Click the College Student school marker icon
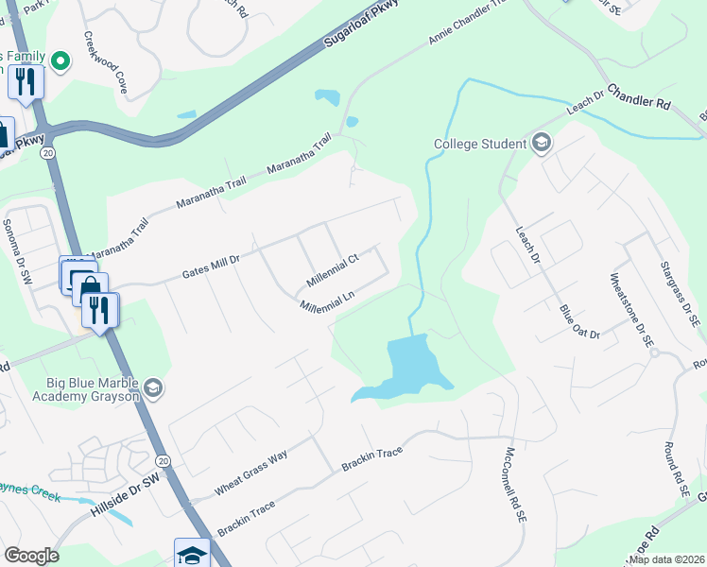[x=542, y=144]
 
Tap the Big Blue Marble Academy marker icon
[x=152, y=388]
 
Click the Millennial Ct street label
[x=333, y=270]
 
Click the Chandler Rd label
[x=638, y=96]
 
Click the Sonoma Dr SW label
[x=17, y=250]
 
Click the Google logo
[x=30, y=556]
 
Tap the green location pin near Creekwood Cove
[x=61, y=61]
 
